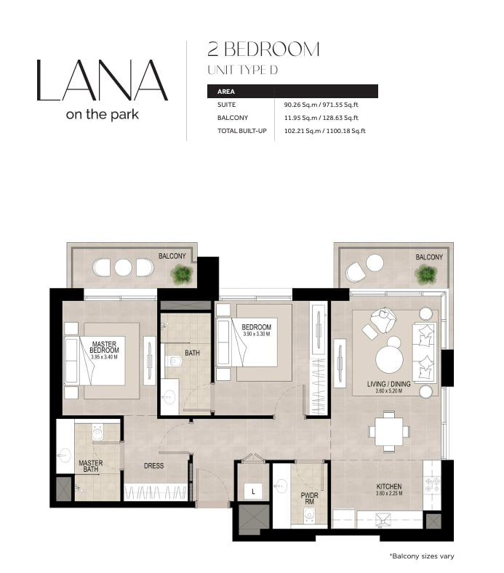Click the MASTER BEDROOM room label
[x=104, y=347]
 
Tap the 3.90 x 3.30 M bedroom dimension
[x=257, y=334]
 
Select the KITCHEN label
[x=389, y=486]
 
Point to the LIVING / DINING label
[x=389, y=384]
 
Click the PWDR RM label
[x=309, y=498]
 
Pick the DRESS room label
[x=154, y=466]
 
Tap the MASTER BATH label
[x=91, y=466]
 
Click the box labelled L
[x=253, y=492]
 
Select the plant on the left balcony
[x=182, y=274]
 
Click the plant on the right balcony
[x=425, y=274]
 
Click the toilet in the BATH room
[x=173, y=361]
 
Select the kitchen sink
[x=383, y=520]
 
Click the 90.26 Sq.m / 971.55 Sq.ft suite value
[x=321, y=105]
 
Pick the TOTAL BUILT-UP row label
[x=242, y=131]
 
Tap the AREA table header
[x=226, y=92]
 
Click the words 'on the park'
[x=103, y=114]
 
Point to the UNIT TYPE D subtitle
[x=243, y=70]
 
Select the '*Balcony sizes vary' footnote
[x=422, y=556]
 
